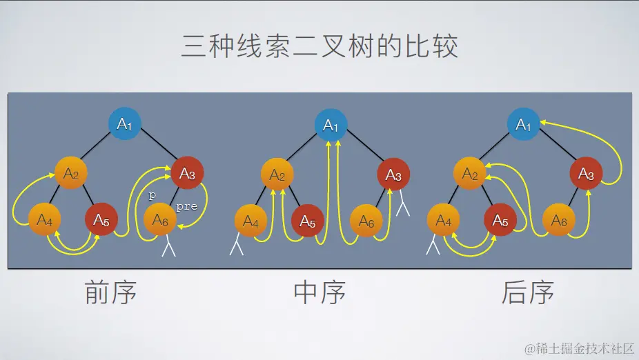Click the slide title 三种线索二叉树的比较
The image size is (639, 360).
(319, 47)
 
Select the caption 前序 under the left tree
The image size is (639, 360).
(110, 292)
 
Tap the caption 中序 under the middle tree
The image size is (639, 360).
(319, 292)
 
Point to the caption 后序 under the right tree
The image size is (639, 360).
(528, 292)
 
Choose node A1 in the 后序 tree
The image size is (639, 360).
(524, 125)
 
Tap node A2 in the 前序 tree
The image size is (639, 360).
(72, 174)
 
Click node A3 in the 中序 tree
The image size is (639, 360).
(393, 175)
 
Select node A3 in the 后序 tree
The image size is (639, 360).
(586, 175)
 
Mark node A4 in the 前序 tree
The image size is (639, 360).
(45, 221)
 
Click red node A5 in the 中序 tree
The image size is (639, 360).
(308, 222)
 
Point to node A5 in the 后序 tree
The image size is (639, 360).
(500, 222)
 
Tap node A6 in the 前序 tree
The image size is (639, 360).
(160, 221)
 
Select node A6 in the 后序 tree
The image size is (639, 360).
(559, 221)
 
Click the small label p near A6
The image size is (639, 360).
(153, 195)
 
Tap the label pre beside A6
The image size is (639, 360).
(186, 206)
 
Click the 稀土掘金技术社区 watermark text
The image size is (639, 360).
(579, 348)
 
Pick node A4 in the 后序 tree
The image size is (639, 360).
(444, 222)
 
